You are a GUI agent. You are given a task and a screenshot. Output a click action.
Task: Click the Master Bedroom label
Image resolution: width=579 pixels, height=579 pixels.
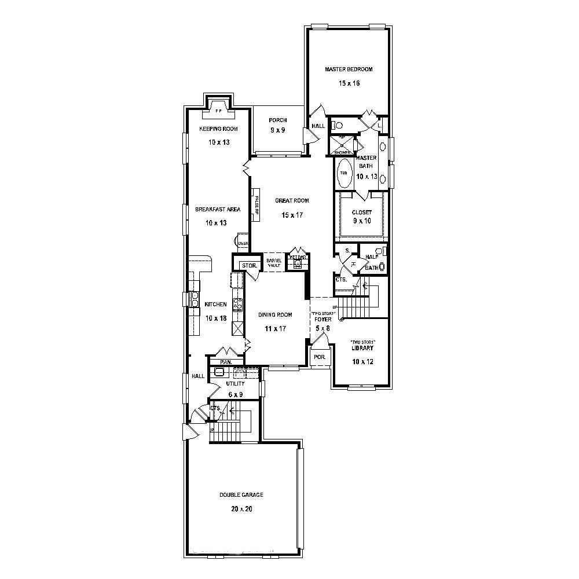[349, 69]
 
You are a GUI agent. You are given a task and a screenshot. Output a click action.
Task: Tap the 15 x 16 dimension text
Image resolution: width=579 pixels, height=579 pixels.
[349, 83]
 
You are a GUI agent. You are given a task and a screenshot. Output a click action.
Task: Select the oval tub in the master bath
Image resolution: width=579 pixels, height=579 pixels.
[344, 173]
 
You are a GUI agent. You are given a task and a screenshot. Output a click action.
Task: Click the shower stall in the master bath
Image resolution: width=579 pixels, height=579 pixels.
[342, 144]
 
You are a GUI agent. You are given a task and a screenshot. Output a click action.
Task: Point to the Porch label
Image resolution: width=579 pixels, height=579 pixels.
[278, 120]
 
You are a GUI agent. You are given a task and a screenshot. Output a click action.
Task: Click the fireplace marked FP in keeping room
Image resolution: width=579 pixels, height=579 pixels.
[219, 109]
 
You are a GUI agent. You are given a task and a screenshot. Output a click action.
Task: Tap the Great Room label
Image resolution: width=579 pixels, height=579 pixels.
[292, 200]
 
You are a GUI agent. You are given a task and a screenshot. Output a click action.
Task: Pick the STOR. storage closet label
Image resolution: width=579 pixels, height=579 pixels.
[249, 265]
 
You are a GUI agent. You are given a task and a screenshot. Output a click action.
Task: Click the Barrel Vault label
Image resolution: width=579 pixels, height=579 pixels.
[273, 263]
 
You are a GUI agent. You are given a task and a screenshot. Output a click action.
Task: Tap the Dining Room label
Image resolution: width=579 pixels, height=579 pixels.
[275, 315]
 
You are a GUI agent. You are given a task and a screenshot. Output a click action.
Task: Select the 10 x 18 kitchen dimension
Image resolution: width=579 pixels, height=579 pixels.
[215, 318]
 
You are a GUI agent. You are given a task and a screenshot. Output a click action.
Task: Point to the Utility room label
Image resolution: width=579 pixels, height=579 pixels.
[235, 383]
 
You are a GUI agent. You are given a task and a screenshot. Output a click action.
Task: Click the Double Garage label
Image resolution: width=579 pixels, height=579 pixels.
[241, 495]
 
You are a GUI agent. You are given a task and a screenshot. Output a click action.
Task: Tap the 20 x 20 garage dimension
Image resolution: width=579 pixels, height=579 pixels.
[241, 510]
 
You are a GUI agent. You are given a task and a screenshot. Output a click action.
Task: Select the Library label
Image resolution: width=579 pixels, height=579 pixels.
[362, 348]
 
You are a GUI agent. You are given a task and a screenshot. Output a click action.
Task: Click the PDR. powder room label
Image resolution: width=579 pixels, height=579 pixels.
[320, 357]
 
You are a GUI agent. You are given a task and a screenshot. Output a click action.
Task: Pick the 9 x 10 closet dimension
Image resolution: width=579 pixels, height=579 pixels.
[362, 221]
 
